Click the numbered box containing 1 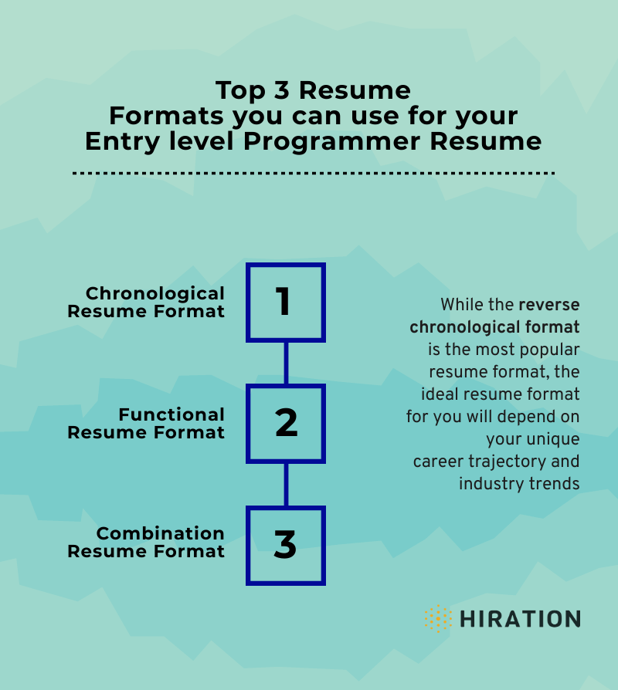point(286,302)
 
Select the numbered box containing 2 point(286,423)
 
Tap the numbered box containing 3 point(286,545)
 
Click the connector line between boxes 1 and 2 point(286,363)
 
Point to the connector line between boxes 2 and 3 point(286,484)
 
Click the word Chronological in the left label point(155,293)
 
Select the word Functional point(171,414)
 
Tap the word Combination point(161,533)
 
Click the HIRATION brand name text point(520,619)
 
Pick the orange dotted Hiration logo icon point(438,618)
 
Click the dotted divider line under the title point(313,174)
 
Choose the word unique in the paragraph point(555,438)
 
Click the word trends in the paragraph point(555,484)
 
